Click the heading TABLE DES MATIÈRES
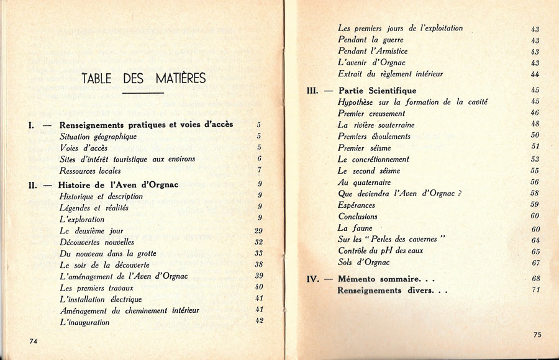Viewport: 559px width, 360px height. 143,78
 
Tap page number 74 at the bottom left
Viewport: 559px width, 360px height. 34,341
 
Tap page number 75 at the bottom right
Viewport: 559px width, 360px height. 537,335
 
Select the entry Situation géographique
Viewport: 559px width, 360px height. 98,137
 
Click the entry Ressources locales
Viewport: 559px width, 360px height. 90,171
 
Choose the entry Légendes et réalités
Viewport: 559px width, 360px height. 94,208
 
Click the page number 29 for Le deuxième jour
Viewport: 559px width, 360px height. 259,230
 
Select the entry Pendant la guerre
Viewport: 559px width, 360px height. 370,40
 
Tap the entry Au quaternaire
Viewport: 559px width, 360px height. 364,182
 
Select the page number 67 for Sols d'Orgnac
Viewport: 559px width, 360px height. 535,263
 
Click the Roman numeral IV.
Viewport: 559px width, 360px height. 313,279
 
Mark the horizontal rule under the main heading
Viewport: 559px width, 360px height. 143,94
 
